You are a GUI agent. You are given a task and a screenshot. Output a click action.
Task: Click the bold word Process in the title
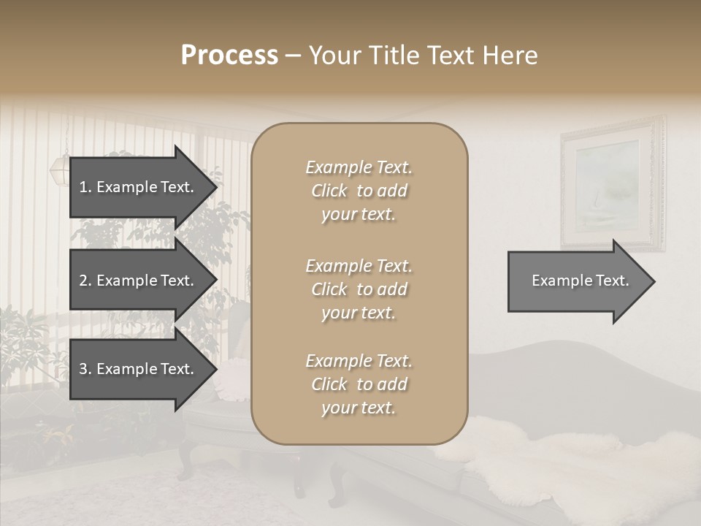pos(229,56)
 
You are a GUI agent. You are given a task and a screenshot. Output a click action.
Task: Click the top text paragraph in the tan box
pos(359,191)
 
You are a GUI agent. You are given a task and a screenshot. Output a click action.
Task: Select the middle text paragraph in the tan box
pos(359,289)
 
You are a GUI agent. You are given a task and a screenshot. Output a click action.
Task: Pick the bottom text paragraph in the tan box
pos(359,384)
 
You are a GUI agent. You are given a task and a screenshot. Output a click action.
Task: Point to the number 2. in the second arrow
pos(85,281)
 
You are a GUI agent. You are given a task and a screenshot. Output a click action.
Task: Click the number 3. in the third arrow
pos(85,369)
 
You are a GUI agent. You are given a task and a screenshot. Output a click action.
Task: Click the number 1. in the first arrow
pos(85,187)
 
